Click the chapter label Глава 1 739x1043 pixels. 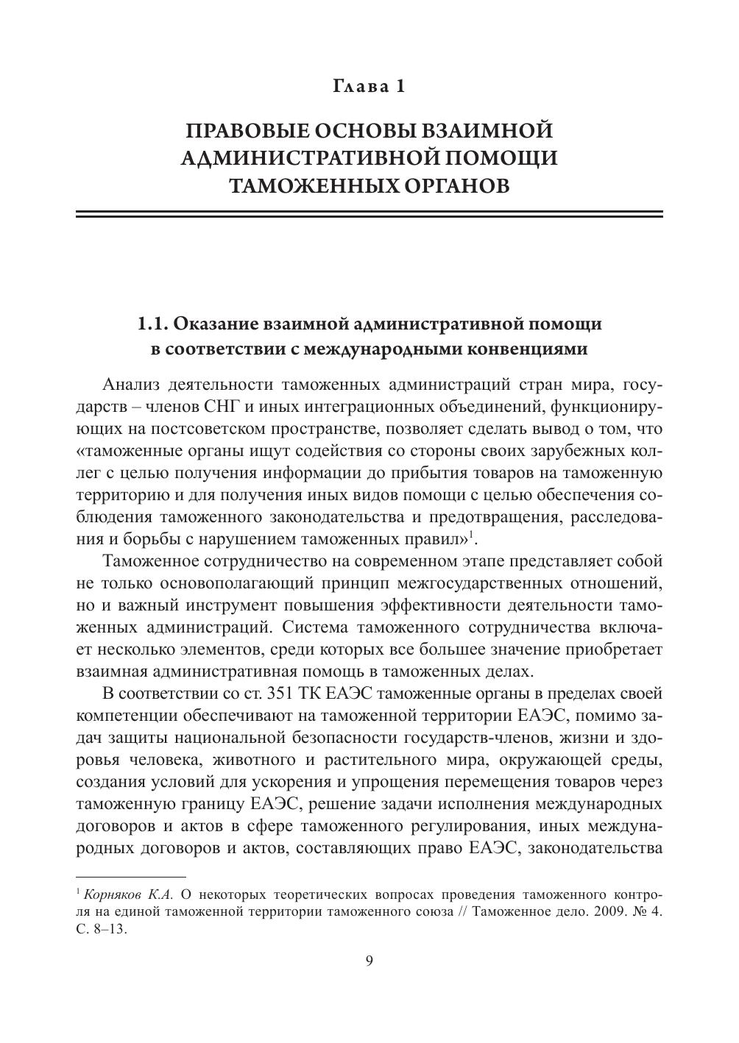click(369, 86)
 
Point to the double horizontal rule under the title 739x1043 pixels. click(369, 214)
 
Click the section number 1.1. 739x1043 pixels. click(155, 324)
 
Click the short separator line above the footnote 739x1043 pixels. click(131, 877)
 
